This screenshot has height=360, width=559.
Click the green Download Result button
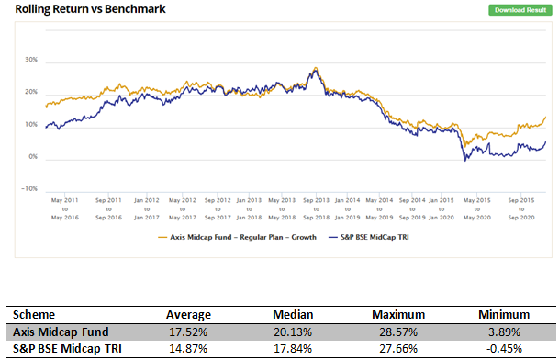pyautogui.click(x=520, y=10)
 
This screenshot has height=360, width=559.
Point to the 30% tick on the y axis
pyautogui.click(x=30, y=61)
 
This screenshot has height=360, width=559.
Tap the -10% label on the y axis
pyautogui.click(x=29, y=189)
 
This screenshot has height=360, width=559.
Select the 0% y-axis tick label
pyautogui.click(x=32, y=157)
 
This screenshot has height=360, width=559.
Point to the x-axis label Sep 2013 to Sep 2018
pyautogui.click(x=316, y=208)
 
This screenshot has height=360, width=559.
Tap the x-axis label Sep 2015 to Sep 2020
pyautogui.click(x=522, y=208)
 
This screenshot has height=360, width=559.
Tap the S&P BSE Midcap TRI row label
pyautogui.click(x=67, y=348)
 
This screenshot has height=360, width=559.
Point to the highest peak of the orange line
pyautogui.click(x=316, y=68)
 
